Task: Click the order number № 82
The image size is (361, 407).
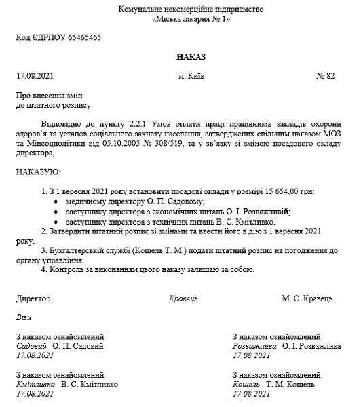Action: [326, 76]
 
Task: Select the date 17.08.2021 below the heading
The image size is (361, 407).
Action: [33, 76]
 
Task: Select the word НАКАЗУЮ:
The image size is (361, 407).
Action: [38, 173]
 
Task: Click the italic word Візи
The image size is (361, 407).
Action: [24, 317]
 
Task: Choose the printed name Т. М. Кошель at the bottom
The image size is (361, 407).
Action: [292, 383]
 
